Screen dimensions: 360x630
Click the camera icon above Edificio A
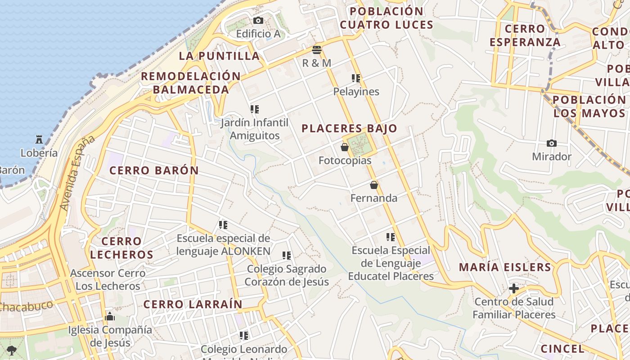click(x=258, y=20)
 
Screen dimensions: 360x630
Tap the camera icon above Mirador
click(x=552, y=143)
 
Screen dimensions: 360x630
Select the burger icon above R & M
click(x=317, y=49)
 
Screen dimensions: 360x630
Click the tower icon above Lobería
click(x=40, y=139)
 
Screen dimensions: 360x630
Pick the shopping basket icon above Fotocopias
click(x=345, y=147)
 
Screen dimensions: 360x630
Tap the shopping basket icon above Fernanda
click(x=373, y=185)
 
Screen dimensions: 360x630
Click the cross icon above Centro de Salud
click(x=514, y=288)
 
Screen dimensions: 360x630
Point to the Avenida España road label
click(x=77, y=173)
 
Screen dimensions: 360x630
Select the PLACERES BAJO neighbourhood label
click(x=349, y=129)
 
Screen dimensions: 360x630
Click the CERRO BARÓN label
click(x=154, y=171)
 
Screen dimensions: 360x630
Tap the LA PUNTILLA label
click(x=220, y=56)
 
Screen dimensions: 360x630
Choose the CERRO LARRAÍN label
click(x=193, y=305)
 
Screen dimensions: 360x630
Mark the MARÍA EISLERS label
click(x=505, y=267)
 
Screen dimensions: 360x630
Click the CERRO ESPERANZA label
click(x=525, y=36)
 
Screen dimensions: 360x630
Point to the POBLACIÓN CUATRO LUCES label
click(x=387, y=18)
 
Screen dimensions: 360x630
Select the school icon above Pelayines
click(x=356, y=78)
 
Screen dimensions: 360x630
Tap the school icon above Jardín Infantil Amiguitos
click(x=255, y=109)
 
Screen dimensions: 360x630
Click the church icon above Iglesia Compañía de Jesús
click(x=110, y=317)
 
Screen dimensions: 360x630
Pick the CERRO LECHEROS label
click(x=121, y=248)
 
